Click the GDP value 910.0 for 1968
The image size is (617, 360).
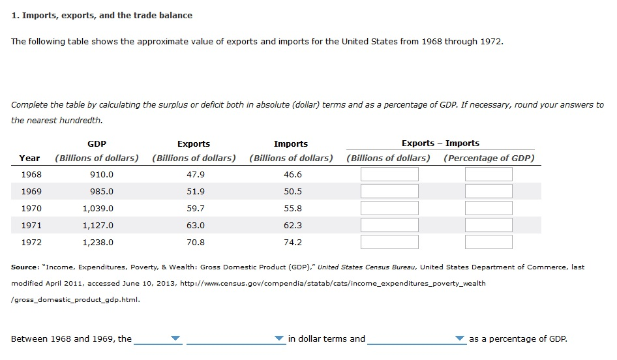pos(102,175)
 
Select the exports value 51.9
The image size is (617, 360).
pos(195,192)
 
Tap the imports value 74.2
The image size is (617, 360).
pos(293,243)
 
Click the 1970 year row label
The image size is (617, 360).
pos(31,209)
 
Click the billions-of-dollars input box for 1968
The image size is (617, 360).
pos(389,175)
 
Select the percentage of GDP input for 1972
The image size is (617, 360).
pos(488,243)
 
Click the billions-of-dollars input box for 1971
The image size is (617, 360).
pos(389,226)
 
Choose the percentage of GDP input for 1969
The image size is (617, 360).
pos(488,192)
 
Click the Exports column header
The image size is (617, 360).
pos(194,144)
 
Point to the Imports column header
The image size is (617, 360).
pos(291,144)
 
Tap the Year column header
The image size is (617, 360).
pos(29,158)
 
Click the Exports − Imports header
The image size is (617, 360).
pos(440,143)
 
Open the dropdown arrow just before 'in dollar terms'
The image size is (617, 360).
pos(278,338)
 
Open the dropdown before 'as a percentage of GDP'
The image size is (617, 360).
pos(460,338)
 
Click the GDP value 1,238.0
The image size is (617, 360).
pos(98,243)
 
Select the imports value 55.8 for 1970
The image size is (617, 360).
pos(293,209)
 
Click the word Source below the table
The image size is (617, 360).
pos(24,267)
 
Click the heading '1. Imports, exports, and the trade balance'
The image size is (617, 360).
pos(102,15)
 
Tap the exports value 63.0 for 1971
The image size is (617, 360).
pos(195,226)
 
